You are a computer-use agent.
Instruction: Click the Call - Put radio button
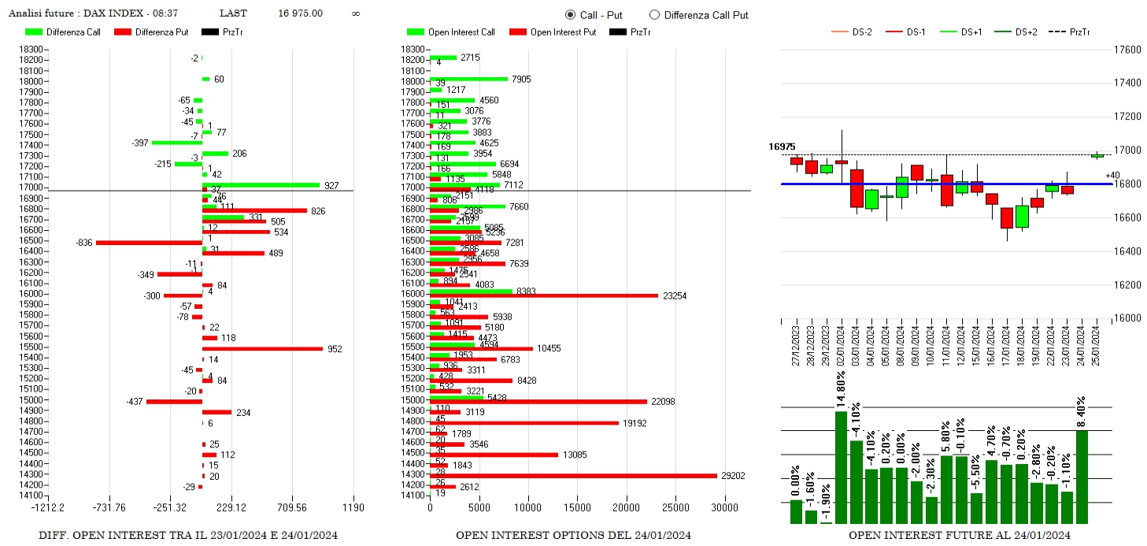tap(570, 15)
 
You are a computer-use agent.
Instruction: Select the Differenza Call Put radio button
tap(654, 15)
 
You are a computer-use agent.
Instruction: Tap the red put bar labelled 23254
tap(544, 295)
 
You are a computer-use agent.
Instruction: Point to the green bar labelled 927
tap(261, 185)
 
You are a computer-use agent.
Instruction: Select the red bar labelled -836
tap(149, 243)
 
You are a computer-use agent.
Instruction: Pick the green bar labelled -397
tap(176, 143)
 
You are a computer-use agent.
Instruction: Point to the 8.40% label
tap(1082, 412)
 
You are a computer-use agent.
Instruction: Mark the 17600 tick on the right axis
tap(1130, 50)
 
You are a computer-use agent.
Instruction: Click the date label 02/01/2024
tap(842, 343)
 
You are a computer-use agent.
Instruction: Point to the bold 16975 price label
tap(782, 147)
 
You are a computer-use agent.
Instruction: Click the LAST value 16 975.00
tap(300, 13)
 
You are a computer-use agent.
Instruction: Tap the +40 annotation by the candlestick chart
tap(1112, 176)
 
